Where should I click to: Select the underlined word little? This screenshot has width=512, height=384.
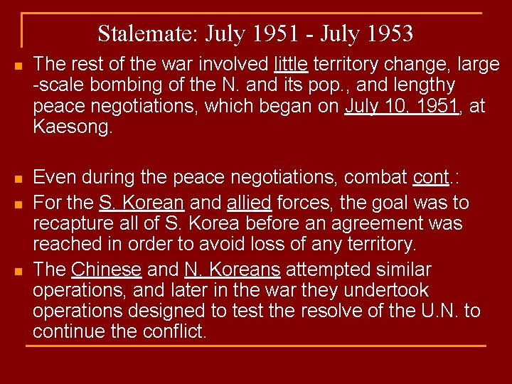click(x=291, y=65)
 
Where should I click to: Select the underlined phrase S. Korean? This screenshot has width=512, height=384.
click(x=142, y=203)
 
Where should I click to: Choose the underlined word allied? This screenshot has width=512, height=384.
click(x=249, y=203)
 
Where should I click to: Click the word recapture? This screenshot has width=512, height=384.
click(x=71, y=224)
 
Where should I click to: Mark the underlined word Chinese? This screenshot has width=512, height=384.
click(x=107, y=270)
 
